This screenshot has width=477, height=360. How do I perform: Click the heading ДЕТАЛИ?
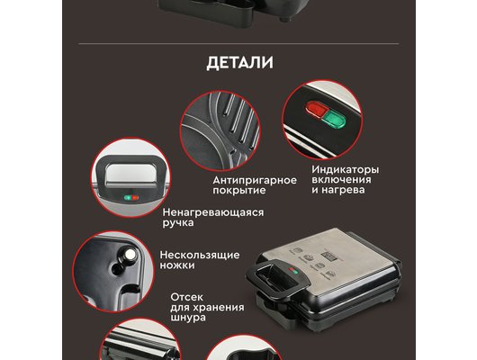coord(239,63)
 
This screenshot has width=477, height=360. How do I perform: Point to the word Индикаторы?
coord(346,168)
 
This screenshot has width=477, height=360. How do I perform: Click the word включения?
coord(339,180)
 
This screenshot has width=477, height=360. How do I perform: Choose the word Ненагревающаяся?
coord(213,212)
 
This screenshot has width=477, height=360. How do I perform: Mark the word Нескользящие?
coord(199,255)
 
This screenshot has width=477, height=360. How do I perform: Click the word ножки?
coord(177,265)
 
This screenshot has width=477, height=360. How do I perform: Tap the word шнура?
coord(188,319)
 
